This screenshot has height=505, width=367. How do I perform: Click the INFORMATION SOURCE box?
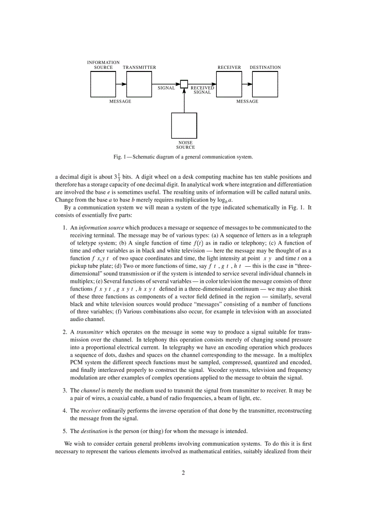point(103,84)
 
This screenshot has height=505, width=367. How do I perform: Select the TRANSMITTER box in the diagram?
point(139,84)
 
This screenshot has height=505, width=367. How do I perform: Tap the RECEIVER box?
point(229,84)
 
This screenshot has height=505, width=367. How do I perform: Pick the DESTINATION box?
point(265,84)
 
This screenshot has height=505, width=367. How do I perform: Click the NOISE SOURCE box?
point(184,125)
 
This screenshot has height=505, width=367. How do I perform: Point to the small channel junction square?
point(184,84)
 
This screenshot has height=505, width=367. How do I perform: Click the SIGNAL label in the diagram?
point(166,88)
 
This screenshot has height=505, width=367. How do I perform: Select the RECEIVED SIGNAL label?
point(202,90)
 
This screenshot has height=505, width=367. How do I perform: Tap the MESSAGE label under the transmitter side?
point(121,102)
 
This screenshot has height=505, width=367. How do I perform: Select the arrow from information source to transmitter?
point(121,84)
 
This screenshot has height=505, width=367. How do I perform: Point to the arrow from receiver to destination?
point(247,84)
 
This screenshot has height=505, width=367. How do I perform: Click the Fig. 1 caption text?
point(183,157)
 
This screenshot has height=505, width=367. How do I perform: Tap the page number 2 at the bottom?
point(183,473)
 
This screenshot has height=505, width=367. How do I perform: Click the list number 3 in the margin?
point(64,391)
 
